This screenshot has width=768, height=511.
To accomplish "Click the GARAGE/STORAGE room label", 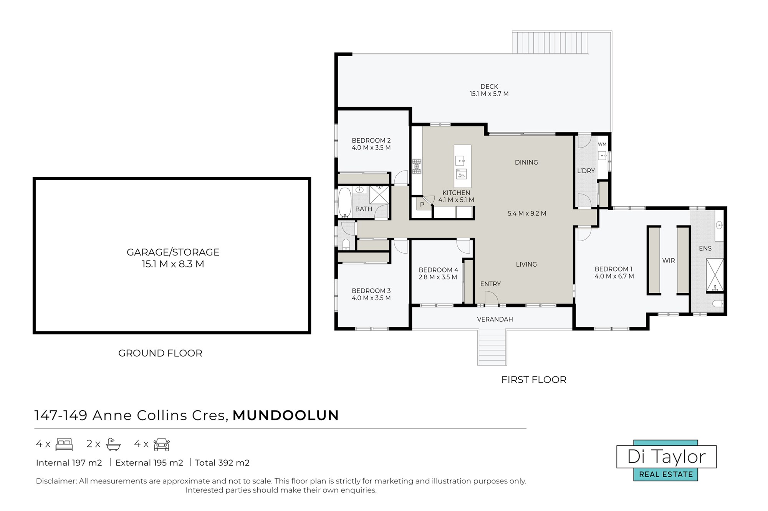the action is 173,252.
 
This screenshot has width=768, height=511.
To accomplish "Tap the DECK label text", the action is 489,86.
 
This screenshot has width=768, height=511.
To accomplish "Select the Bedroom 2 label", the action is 371,140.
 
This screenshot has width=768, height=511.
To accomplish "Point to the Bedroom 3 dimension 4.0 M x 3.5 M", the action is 371,298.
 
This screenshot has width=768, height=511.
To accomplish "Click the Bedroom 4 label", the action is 438,270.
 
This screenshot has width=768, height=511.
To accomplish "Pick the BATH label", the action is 363,209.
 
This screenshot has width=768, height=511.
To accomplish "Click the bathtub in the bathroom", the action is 344,202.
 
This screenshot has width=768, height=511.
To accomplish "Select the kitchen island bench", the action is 462,166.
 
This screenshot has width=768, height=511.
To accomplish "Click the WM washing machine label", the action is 602,144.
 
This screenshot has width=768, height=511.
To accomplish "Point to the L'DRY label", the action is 586,171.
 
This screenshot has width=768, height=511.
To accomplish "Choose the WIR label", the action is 668,260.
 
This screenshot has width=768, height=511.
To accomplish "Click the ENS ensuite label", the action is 705,248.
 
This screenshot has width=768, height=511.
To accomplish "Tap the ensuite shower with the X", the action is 715,275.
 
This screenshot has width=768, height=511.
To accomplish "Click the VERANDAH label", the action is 495,319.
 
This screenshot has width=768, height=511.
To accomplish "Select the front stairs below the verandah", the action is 492,347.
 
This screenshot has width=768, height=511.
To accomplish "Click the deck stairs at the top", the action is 550,43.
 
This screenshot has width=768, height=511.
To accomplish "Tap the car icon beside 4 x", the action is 162,444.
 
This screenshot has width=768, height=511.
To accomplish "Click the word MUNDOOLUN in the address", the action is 286,415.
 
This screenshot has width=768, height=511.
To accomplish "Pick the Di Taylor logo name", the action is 667,457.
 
